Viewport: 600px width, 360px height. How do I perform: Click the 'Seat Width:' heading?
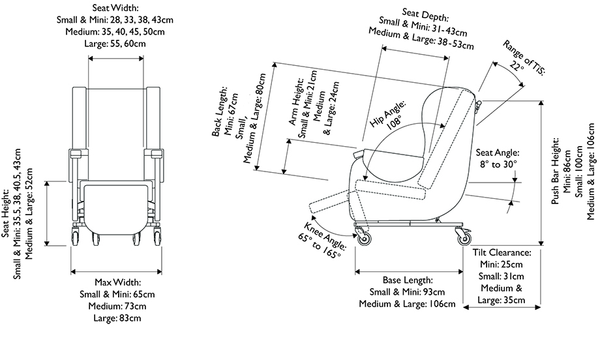pos(115,8)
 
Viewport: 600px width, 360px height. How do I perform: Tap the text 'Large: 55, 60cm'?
pos(115,44)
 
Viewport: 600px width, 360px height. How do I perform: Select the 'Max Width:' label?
pos(118,283)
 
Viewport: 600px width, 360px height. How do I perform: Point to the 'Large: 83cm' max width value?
pos(117,318)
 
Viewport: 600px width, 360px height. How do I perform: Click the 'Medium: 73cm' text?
pos(117,307)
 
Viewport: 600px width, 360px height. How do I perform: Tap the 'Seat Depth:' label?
pos(425,15)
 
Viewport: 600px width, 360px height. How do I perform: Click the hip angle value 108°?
pos(394,121)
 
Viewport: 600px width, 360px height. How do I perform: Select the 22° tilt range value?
pos(517,67)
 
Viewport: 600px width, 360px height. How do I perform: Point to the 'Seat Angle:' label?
pos(498,153)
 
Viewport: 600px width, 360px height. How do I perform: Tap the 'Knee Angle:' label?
pos(325,235)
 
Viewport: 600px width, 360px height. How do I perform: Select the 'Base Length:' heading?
pos(408,280)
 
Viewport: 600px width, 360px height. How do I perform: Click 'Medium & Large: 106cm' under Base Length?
pos(407,304)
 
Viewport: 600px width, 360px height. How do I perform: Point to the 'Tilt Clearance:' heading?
pos(502,252)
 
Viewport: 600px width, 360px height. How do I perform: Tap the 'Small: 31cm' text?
pos(502,277)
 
